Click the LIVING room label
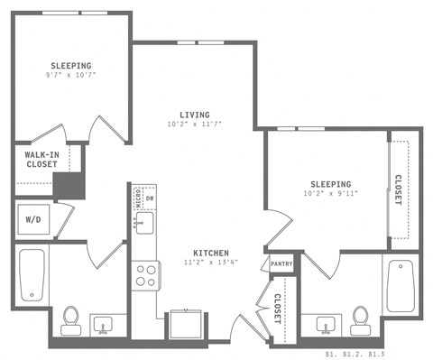pos(194,115)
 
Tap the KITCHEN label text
pos(209,252)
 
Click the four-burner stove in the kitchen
pos(145,275)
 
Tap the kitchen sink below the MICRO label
pos(145,222)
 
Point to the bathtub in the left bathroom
pos(32,275)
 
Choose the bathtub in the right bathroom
pos(400,285)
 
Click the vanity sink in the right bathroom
pos(326,322)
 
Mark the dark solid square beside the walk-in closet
pos(68,186)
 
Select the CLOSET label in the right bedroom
pos(398,191)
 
